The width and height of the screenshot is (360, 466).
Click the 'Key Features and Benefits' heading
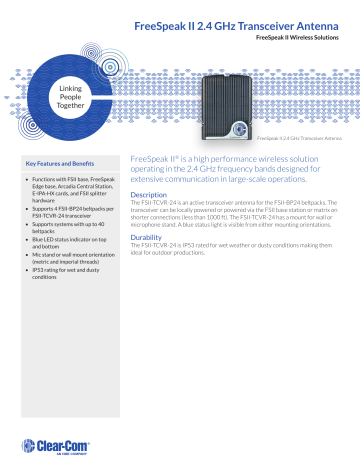pos(61,162)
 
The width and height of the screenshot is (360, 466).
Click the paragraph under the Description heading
pos(239,214)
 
